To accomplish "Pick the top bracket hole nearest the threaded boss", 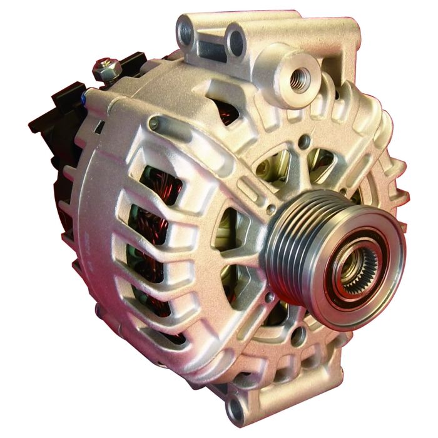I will point(237,41).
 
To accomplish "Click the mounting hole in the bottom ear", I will point(236,410).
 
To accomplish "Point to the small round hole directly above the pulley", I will point(304,142).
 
